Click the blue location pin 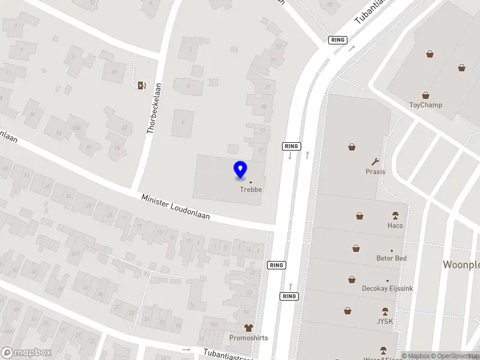pos(241,169)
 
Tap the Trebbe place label pos(251,190)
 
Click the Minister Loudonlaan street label pos(175,206)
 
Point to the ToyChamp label pos(425,105)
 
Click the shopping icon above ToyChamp pos(425,95)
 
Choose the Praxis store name pos(376,172)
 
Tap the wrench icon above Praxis pos(376,161)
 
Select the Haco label pos(395,226)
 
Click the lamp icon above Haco pos(395,215)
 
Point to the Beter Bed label pos(392,258)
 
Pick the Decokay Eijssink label pos(387,289)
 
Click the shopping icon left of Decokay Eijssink pos(352,279)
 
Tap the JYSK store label pos(385,321)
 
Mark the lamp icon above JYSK pos(385,311)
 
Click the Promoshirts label pos(248,338)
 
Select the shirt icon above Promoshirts pos(248,328)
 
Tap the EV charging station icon pos(142,85)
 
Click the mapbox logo pos(26,353)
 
